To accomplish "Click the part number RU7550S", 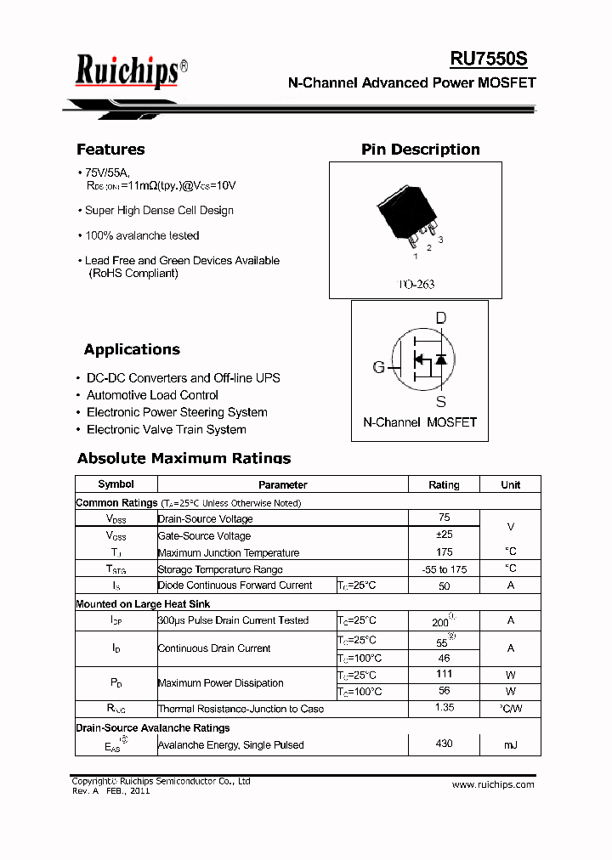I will [x=489, y=59].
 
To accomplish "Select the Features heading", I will [x=110, y=150].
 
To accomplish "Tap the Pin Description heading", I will [x=420, y=150].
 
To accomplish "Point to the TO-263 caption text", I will [x=416, y=284].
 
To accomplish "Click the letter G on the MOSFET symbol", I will [x=378, y=367].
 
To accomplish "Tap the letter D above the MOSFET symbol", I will [x=440, y=319].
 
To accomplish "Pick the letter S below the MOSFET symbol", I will [x=440, y=401].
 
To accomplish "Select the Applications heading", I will [x=132, y=349].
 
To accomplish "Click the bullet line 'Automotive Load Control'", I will [x=152, y=395].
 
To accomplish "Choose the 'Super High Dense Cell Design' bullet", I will [x=159, y=211].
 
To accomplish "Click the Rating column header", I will [x=444, y=484].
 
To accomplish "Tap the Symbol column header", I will [x=116, y=484].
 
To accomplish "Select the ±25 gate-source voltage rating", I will [x=444, y=535].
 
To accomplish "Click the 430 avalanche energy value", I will [x=444, y=744].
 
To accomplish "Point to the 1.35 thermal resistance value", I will [x=444, y=707].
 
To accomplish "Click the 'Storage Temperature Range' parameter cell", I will [x=220, y=569].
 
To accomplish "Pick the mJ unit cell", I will [x=510, y=744].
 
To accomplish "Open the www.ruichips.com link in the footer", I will [x=493, y=784].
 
